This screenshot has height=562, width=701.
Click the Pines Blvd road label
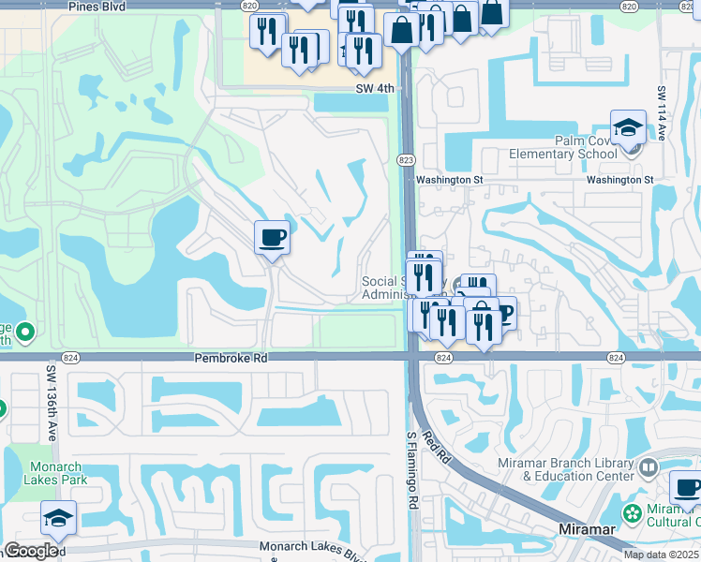coord(97,6)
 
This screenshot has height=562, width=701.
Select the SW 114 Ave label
coord(661,114)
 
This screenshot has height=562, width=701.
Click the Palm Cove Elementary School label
coord(562,147)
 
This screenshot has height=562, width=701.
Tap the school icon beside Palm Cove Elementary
coord(627,128)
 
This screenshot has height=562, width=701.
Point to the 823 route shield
coord(406,160)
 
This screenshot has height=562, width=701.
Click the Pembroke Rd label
coord(231,358)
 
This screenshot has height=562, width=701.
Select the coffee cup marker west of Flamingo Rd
coord(272,237)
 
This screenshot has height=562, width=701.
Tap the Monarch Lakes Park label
coord(58,473)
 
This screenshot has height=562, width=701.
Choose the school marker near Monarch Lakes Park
coord(58,518)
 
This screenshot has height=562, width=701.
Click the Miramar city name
coord(588,529)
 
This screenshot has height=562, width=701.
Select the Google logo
coord(31,551)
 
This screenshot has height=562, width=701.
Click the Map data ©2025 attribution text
coord(661,555)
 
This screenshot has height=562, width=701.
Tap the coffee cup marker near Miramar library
coord(686,488)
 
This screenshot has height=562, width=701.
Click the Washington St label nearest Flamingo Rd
coord(449,180)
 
